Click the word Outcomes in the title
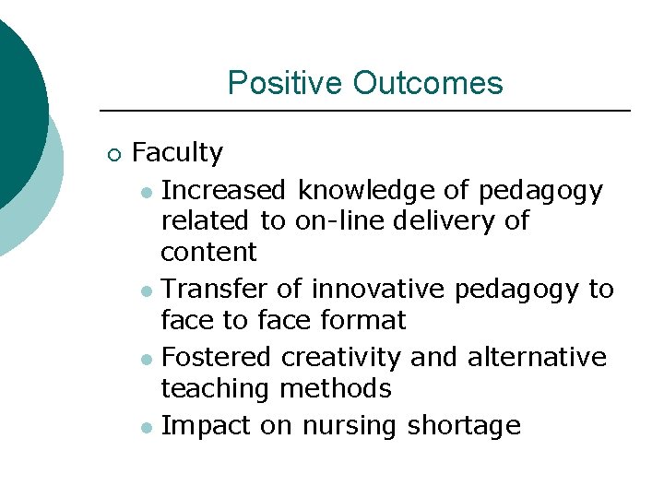point(427,83)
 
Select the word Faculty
point(177,153)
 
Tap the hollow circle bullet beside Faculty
point(113,154)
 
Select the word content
point(208,252)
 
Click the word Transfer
point(215,290)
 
